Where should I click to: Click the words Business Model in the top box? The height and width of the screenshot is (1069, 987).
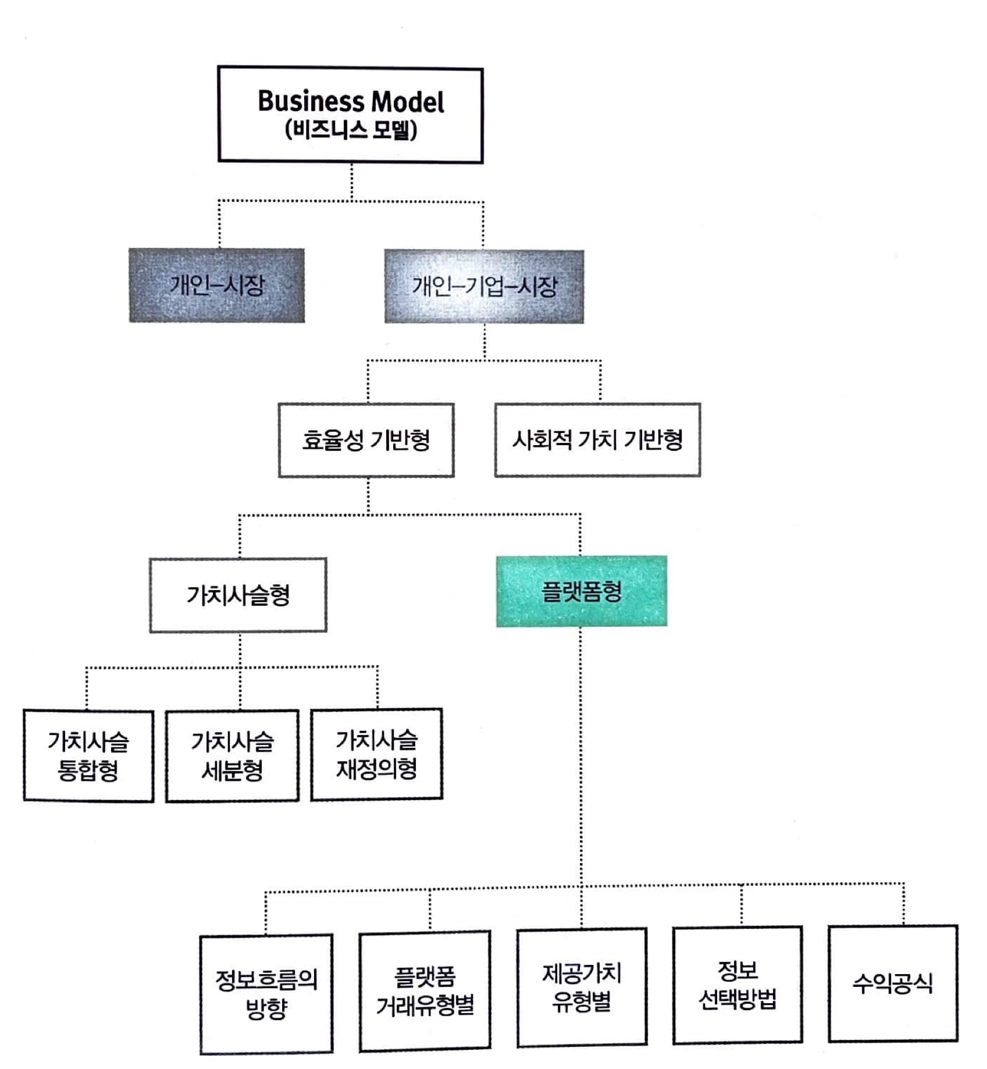(x=350, y=102)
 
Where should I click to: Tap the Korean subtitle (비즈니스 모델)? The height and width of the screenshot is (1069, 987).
(x=351, y=130)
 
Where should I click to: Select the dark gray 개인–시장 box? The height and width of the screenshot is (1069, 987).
(x=216, y=285)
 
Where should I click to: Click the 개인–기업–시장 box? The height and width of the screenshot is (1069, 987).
(x=484, y=286)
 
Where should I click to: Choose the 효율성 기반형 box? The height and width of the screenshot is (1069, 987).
(x=366, y=440)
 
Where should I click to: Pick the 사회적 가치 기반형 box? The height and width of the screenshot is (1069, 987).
(x=597, y=440)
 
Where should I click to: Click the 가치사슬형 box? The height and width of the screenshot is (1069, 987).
(x=238, y=595)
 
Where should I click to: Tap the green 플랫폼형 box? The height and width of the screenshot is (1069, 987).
(x=581, y=592)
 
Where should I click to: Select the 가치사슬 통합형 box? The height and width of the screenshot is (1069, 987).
(x=88, y=755)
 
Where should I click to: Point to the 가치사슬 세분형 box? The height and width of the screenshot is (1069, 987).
(x=232, y=755)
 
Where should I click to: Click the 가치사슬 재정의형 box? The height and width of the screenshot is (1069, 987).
(x=376, y=754)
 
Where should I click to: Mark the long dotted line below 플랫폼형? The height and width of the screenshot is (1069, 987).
(x=580, y=757)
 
